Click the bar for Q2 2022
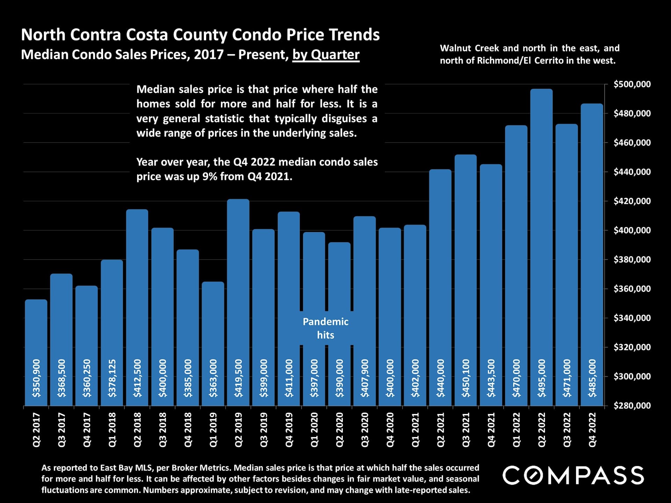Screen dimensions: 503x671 [x=541, y=245]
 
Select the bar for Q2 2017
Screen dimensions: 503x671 [x=36, y=349]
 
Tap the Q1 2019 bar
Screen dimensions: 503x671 [x=213, y=342]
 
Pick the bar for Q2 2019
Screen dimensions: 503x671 [x=238, y=300]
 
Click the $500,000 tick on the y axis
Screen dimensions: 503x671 [x=632, y=84]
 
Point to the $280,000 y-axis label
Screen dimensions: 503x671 [x=632, y=406]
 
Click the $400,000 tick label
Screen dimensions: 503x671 [x=632, y=230]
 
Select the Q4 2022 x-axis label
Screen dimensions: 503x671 [x=592, y=430]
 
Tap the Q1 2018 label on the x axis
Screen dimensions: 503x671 [x=112, y=430]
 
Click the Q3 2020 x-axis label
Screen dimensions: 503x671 [x=365, y=430]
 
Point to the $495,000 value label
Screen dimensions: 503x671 [x=541, y=378]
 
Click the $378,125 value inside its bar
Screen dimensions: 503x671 [x=112, y=378]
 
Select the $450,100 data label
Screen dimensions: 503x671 [x=466, y=378]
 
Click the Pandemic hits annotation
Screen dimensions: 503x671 [x=325, y=328]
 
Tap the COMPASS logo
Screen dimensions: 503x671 [x=573, y=475]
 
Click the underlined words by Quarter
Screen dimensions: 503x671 [x=326, y=55]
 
